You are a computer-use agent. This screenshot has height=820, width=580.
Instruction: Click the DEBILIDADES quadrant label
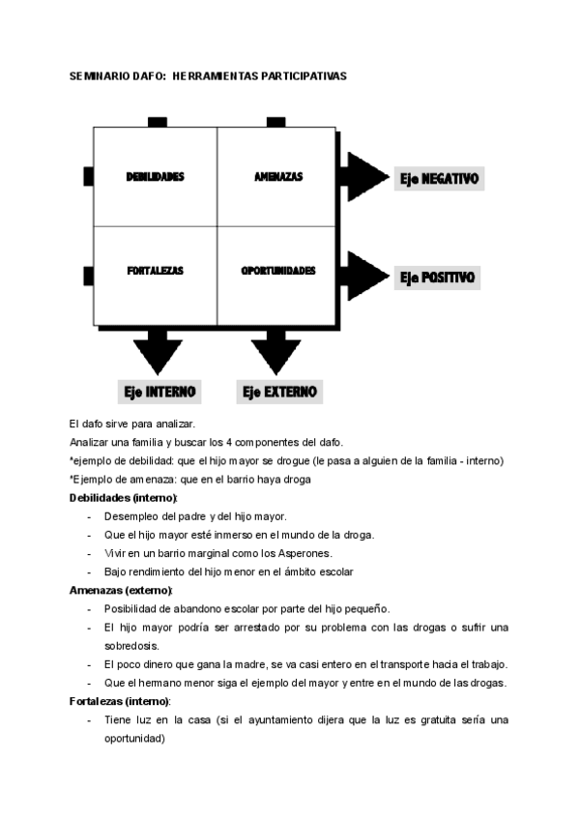(155, 177)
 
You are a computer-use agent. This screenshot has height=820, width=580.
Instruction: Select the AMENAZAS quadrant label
(278, 177)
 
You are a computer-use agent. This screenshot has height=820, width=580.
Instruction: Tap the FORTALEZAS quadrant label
(155, 271)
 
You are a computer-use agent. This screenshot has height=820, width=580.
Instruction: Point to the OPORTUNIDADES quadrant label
(278, 271)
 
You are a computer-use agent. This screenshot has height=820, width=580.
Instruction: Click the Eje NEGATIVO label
(440, 179)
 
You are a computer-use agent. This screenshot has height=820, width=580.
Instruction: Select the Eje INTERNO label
(159, 392)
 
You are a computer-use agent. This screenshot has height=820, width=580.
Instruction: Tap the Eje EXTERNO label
(280, 392)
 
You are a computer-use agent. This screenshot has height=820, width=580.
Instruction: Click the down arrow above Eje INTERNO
(159, 350)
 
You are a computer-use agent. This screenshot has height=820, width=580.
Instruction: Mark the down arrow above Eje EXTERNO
(275, 350)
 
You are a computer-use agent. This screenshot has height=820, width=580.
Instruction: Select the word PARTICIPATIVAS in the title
(300, 74)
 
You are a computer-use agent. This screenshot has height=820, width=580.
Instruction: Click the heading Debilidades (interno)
(124, 497)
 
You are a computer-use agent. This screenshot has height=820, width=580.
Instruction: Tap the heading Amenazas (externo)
(121, 590)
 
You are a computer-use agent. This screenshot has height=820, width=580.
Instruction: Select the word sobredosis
(132, 645)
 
